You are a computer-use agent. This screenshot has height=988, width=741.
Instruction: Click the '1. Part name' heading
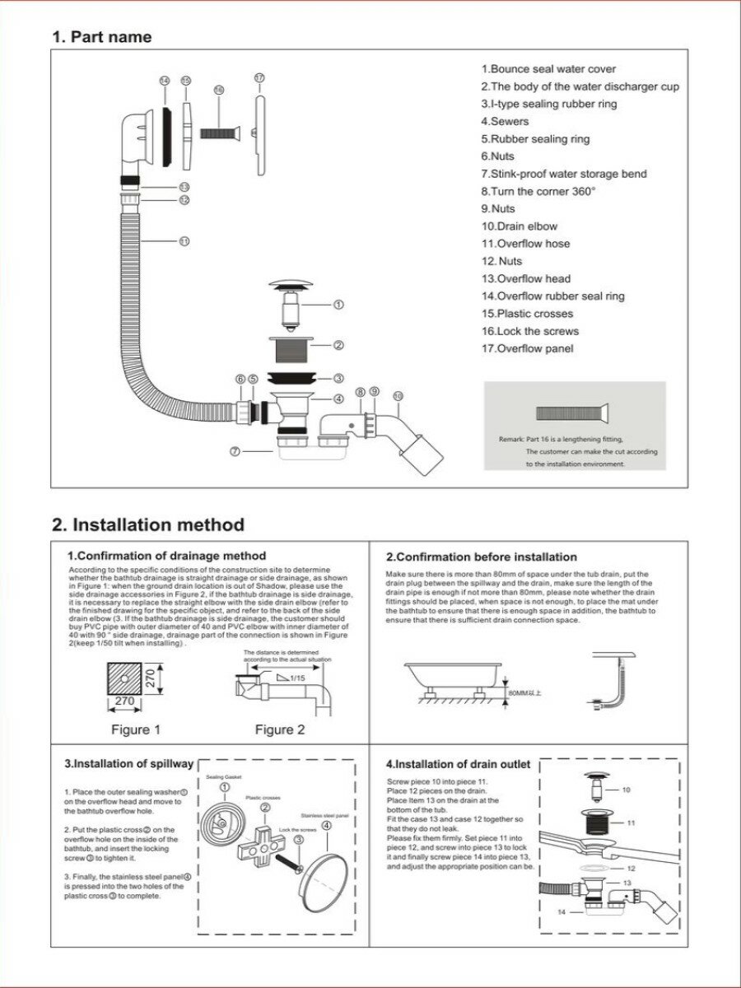click(101, 37)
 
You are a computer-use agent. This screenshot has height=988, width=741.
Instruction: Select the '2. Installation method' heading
click(148, 524)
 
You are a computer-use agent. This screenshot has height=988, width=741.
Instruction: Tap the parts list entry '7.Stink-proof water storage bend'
click(564, 174)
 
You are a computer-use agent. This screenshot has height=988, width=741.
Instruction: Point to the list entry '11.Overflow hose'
click(525, 244)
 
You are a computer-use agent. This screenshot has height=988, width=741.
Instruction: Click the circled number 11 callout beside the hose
click(184, 241)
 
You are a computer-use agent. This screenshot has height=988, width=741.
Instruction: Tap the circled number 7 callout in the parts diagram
click(235, 451)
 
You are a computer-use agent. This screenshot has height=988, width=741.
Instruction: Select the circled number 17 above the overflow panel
click(259, 77)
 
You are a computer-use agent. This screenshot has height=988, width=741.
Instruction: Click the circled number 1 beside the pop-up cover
click(338, 305)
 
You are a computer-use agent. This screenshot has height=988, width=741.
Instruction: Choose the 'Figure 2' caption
click(280, 729)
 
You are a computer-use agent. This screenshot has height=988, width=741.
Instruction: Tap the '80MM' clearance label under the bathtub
click(525, 693)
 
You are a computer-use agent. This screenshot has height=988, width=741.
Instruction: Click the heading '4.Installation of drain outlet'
click(459, 764)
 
